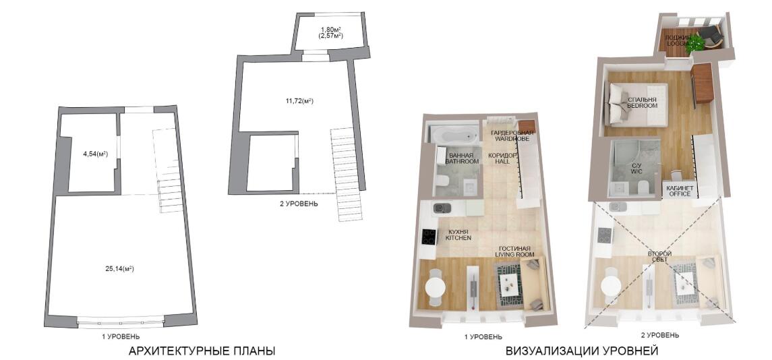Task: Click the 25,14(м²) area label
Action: click(120, 269)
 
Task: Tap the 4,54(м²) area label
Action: click(96, 154)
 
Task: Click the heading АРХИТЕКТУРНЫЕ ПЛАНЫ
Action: click(202, 351)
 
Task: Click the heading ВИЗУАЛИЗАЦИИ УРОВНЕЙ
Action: click(581, 351)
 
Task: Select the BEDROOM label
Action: click(643, 106)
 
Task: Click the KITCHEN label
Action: click(458, 239)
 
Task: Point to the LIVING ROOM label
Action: click(514, 254)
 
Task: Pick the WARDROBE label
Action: click(512, 140)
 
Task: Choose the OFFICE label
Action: click(680, 194)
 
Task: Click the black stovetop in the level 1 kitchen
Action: click(429, 237)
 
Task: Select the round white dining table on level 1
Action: click(436, 286)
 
